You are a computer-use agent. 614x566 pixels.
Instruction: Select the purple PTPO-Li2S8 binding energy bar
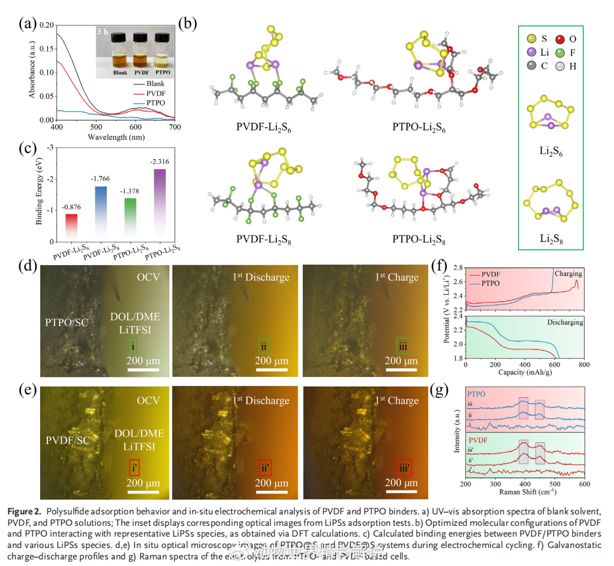click(x=159, y=204)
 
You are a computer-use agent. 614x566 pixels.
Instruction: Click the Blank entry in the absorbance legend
click(x=154, y=84)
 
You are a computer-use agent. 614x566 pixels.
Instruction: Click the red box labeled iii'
click(x=405, y=467)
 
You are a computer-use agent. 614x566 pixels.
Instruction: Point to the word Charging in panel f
click(x=567, y=274)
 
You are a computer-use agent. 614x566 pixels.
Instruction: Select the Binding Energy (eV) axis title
click(x=40, y=194)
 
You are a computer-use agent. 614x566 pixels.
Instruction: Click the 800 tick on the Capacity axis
click(x=584, y=364)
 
